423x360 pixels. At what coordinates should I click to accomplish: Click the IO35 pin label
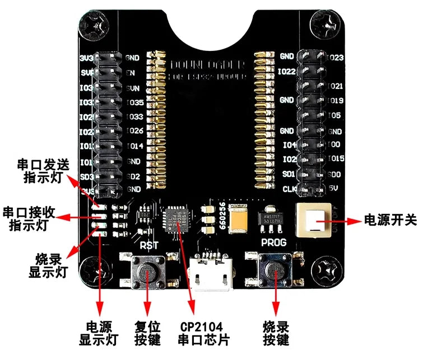pyautogui.click(x=136, y=102)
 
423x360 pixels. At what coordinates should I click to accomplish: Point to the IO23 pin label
pyautogui.click(x=335, y=57)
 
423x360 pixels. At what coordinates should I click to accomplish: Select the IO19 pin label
pyautogui.click(x=335, y=101)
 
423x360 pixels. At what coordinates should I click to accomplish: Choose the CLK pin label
pyautogui.click(x=288, y=189)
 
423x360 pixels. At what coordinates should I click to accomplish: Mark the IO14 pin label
pyautogui.click(x=136, y=146)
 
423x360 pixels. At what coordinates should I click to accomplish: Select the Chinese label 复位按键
pyautogui.click(x=148, y=333)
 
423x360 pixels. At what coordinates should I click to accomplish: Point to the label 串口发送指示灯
pyautogui.click(x=36, y=170)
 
